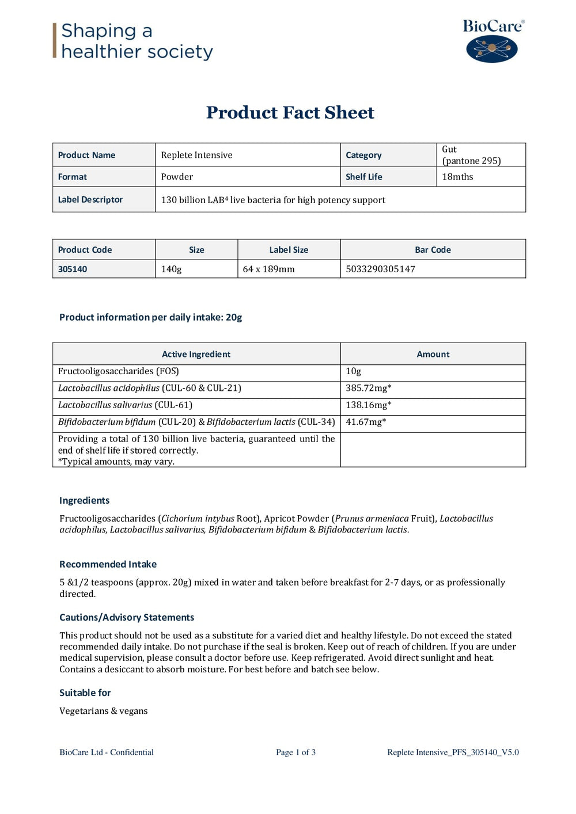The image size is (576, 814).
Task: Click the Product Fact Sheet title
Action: [290, 112]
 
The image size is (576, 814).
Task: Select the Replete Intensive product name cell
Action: [197, 155]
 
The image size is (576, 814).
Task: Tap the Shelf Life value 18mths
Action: [457, 177]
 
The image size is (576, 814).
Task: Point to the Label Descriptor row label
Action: [90, 199]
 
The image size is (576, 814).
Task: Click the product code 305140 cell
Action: [73, 269]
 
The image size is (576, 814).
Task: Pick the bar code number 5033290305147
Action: [380, 269]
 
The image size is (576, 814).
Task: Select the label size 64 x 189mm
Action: [268, 269]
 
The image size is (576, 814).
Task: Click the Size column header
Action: [196, 250]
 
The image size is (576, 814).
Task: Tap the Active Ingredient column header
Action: [196, 354]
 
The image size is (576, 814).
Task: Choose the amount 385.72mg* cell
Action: [369, 388]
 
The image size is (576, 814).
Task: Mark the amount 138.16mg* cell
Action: [369, 405]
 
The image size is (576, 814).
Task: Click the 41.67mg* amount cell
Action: [366, 422]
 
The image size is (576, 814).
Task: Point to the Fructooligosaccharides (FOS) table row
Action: [119, 371]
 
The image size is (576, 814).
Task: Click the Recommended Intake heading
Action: [108, 564]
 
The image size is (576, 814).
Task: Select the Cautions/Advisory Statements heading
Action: [127, 617]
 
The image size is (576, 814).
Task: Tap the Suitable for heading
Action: [85, 693]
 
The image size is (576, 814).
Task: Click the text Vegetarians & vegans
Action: [104, 711]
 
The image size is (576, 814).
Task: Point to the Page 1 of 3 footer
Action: [295, 752]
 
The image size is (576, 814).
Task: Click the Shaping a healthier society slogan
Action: [137, 41]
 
